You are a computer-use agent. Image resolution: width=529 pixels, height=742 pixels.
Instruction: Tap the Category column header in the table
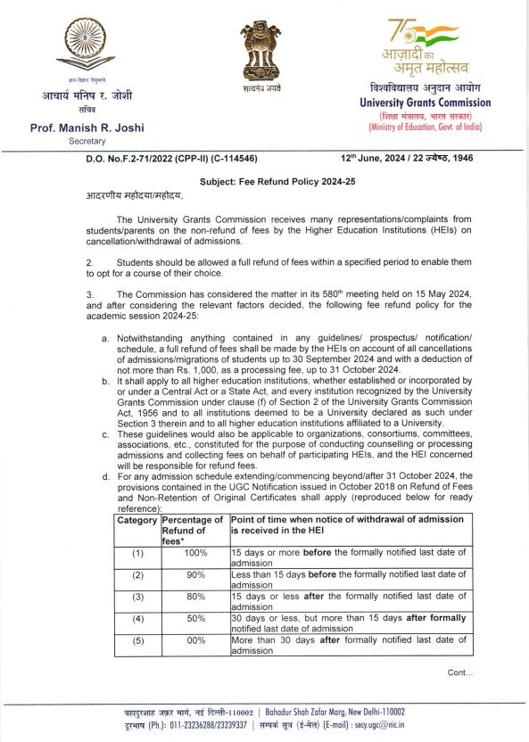pos(136,520)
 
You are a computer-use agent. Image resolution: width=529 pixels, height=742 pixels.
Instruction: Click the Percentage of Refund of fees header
pos(194,530)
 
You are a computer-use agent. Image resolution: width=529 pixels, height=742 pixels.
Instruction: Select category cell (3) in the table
pos(137,597)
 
